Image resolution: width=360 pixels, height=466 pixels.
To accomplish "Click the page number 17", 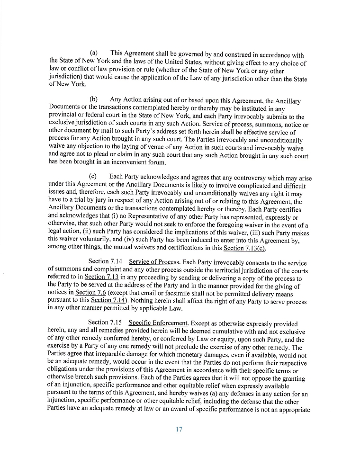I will point(179,430).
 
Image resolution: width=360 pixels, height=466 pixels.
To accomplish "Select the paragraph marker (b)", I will point(94,100).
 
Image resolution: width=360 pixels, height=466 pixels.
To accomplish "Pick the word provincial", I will point(65,116).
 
